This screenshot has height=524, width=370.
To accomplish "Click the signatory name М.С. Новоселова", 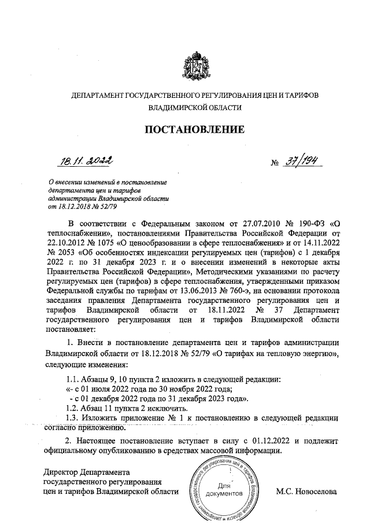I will click(x=305, y=492).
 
